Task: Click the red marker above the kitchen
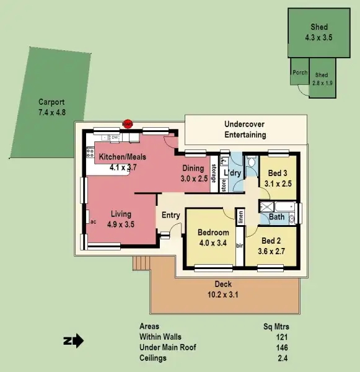click(128, 124)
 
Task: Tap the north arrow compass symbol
click(74, 340)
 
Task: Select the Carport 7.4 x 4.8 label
click(51, 107)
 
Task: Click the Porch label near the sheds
click(300, 73)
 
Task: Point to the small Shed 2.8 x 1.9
click(322, 79)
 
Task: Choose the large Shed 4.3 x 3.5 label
click(318, 32)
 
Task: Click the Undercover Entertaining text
click(245, 130)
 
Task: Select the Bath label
click(276, 217)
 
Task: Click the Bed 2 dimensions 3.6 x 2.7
click(273, 251)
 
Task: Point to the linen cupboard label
click(240, 217)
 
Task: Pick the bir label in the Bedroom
click(239, 246)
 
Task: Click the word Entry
click(170, 215)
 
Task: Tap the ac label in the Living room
click(92, 221)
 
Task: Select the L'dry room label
click(232, 172)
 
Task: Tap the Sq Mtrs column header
click(276, 326)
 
